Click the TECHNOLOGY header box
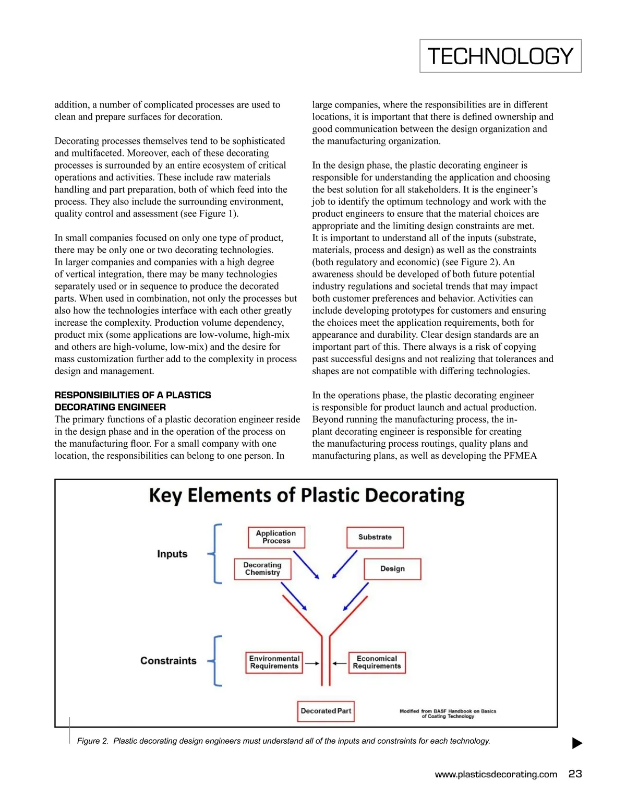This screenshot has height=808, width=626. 500,56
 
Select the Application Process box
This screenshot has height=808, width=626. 276,537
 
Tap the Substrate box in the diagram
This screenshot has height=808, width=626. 375,537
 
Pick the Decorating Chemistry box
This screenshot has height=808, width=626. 262,569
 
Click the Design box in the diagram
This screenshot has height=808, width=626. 392,569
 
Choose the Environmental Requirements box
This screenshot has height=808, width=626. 274,662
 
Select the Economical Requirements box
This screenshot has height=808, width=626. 377,662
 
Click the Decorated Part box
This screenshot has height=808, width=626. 326,711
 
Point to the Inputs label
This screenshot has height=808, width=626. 172,554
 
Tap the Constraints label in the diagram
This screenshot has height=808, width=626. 168,661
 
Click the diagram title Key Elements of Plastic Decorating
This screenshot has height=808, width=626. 306,495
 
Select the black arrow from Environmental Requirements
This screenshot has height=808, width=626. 312,663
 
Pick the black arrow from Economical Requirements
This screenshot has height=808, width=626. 340,663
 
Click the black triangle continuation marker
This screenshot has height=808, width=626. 577,743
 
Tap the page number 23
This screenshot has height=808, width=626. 575,774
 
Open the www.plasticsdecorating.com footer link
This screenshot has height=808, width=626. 496,775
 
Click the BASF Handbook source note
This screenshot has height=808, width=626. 448,714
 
